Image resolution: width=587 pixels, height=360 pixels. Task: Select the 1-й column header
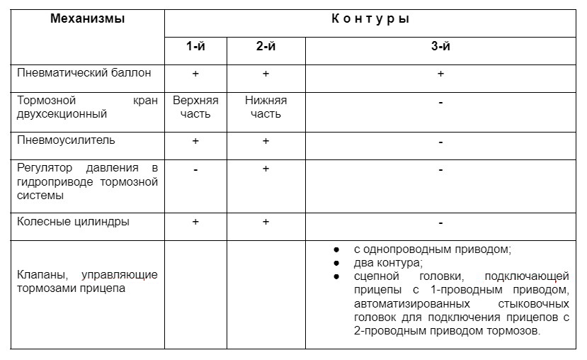[x=195, y=47]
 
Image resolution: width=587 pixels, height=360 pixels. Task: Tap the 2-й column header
[x=266, y=47]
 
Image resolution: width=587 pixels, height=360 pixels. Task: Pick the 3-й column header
[x=440, y=47]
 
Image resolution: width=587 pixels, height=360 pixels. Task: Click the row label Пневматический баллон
[x=84, y=73]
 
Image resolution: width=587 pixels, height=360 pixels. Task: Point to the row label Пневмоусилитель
[x=66, y=140]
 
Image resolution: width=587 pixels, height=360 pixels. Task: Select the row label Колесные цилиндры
[x=74, y=222]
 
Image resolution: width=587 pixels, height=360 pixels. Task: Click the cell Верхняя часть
[x=195, y=107]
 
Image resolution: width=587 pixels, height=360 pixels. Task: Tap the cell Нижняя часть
[x=266, y=107]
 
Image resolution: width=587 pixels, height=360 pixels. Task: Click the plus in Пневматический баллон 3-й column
[x=440, y=74]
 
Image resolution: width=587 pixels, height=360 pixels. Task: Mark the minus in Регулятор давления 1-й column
[x=195, y=169]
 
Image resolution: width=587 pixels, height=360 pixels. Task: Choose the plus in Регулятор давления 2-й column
[x=266, y=169]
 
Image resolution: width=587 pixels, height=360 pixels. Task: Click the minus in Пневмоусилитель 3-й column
[x=440, y=142]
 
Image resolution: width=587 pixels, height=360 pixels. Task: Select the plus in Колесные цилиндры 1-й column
[x=195, y=222]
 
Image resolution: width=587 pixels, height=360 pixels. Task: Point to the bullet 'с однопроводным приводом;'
[x=431, y=249]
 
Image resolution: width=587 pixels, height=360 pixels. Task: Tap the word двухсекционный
[x=62, y=113]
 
